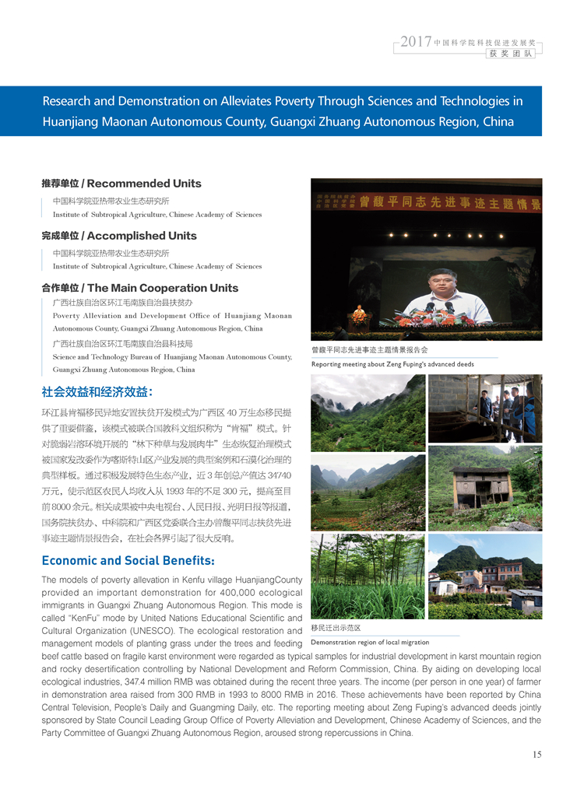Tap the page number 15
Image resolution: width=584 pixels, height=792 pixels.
click(x=537, y=754)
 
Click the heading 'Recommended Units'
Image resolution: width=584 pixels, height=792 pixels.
click(x=144, y=184)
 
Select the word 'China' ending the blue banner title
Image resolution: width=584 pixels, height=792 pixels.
click(x=498, y=121)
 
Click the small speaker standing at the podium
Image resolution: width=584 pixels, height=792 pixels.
click(x=359, y=314)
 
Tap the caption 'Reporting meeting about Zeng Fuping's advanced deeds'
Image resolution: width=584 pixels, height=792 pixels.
click(x=392, y=364)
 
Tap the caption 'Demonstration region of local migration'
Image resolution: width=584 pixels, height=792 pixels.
click(x=370, y=643)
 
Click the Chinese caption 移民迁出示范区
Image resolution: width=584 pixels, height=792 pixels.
click(x=336, y=627)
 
